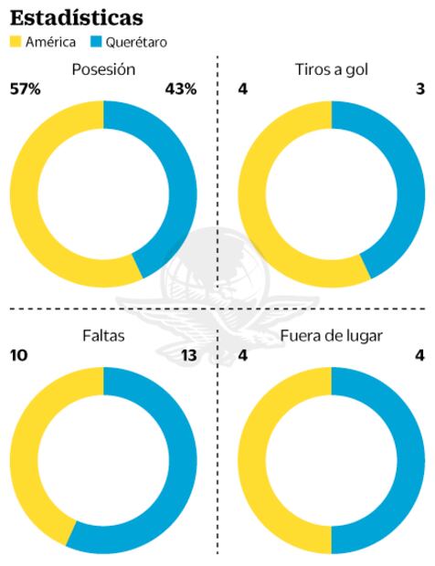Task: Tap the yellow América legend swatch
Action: [x=16, y=42]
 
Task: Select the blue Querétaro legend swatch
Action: [x=98, y=42]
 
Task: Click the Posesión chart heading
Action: [x=103, y=69]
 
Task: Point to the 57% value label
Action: [x=25, y=89]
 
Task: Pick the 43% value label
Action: [x=180, y=89]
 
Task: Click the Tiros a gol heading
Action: [x=332, y=69]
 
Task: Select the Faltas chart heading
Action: [x=103, y=335]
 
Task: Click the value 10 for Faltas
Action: [x=19, y=354]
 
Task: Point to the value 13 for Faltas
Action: [x=188, y=354]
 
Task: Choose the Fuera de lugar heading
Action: [x=332, y=335]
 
